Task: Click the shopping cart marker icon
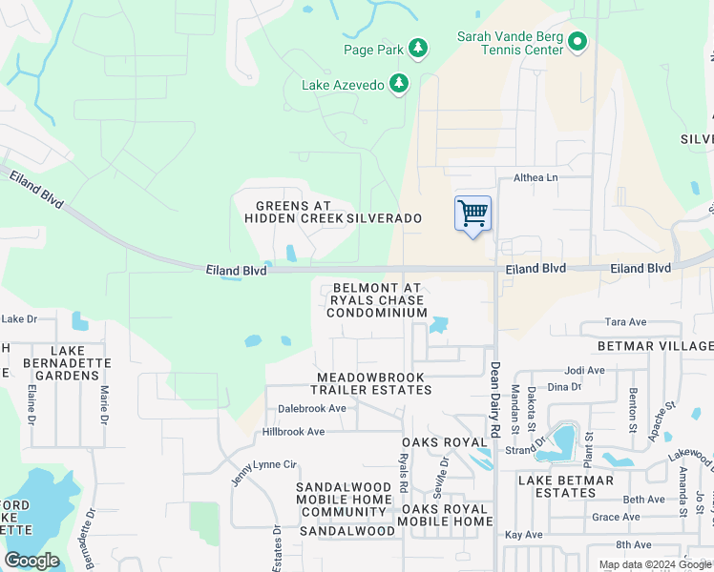click(472, 214)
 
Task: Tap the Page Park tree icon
click(417, 47)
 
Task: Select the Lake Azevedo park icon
click(398, 85)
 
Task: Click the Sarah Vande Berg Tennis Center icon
click(577, 42)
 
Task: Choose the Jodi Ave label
click(585, 371)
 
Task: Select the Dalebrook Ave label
click(311, 408)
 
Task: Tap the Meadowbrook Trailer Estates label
click(374, 383)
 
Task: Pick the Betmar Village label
click(655, 345)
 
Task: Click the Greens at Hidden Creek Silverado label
click(332, 213)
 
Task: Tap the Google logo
click(31, 561)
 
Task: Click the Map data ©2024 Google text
click(656, 564)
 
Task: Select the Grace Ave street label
click(616, 517)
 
